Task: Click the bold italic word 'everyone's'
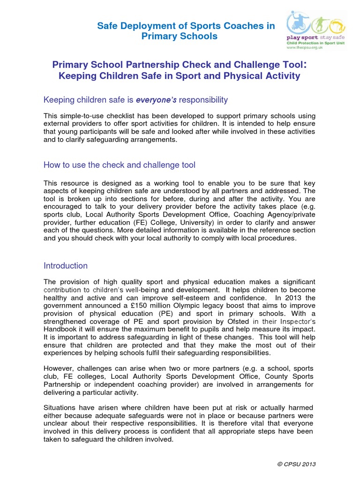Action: tap(153, 100)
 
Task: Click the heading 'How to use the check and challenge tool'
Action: tap(120, 165)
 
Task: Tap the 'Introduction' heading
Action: tap(66, 266)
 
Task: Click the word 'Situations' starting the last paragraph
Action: tap(61, 408)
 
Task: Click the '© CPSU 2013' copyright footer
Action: tap(297, 464)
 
